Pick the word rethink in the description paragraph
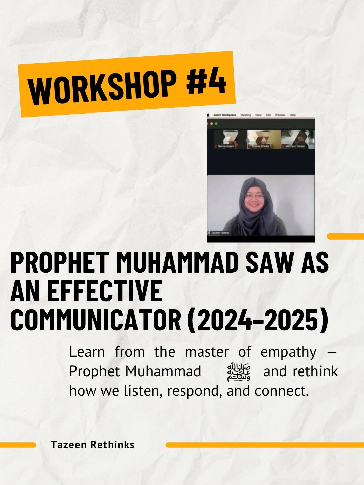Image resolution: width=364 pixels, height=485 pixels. point(315,372)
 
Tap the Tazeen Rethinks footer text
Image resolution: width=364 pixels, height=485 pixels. point(93,445)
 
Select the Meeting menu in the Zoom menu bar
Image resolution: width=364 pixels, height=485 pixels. point(246,115)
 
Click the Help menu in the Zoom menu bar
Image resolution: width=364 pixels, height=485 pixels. point(293,115)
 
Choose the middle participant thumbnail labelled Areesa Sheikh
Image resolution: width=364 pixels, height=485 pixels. point(261,139)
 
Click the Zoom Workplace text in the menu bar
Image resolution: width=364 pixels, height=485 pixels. point(225,115)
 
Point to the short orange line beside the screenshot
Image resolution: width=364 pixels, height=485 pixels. point(345,236)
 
